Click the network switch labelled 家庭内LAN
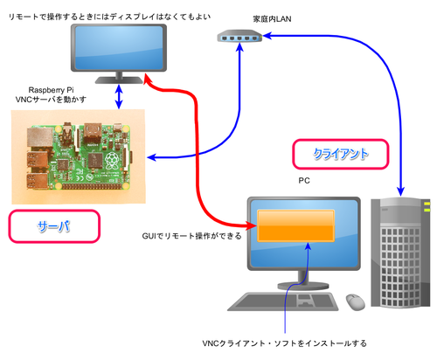pos(239,37)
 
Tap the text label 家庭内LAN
pos(272,19)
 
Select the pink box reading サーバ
pos(54,226)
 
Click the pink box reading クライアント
pos(341,154)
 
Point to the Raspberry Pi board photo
pos(78,156)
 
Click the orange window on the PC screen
pos(295,225)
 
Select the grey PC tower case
pos(400,253)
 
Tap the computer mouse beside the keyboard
pos(356,302)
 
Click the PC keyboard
pos(283,301)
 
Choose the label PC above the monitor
pos(304,181)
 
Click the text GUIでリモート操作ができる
pos(191,236)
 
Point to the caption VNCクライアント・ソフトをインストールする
pos(284,343)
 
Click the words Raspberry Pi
pos(51,90)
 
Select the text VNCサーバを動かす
pos(51,100)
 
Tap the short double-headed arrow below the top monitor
pos(119,97)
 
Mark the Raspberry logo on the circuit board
pos(112,161)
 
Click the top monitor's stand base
pos(119,80)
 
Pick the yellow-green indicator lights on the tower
pos(427,206)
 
